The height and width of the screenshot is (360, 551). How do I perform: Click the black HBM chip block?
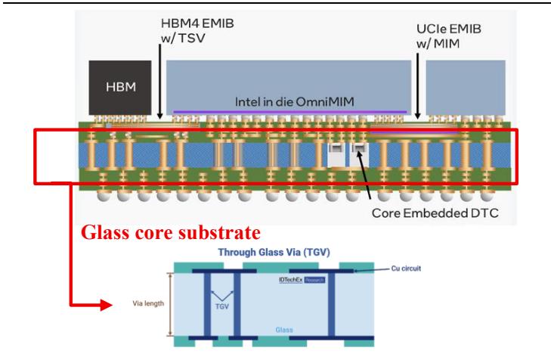coord(120,88)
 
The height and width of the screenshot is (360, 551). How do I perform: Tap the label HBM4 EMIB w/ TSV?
coord(197,31)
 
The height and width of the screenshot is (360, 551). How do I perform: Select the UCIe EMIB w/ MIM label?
coord(449,36)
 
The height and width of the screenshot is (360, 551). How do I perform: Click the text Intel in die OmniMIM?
coord(295,102)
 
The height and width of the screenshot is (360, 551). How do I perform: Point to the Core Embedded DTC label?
coord(435,213)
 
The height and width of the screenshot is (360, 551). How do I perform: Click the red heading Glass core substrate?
coord(171,233)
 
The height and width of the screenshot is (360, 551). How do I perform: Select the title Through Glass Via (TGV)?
coord(274,252)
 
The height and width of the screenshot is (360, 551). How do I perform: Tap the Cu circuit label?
coord(406,268)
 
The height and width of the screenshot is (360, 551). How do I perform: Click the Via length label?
coord(148,303)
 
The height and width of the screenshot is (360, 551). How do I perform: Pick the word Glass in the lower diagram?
coord(284,330)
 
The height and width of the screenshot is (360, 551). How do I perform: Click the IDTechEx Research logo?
coord(302,280)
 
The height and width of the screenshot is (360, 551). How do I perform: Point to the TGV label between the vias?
coord(222,306)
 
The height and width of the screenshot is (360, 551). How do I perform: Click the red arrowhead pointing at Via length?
coord(107,305)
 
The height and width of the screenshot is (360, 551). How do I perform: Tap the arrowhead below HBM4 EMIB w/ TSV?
coord(160,116)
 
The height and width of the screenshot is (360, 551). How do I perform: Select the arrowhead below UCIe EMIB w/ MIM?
coord(417,116)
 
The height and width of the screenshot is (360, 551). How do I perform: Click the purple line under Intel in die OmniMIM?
coord(290,112)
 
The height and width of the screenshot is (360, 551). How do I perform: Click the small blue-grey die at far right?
coord(466,88)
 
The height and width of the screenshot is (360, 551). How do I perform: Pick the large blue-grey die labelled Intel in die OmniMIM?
coord(289,88)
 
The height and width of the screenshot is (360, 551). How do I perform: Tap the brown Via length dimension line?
coord(171,305)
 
